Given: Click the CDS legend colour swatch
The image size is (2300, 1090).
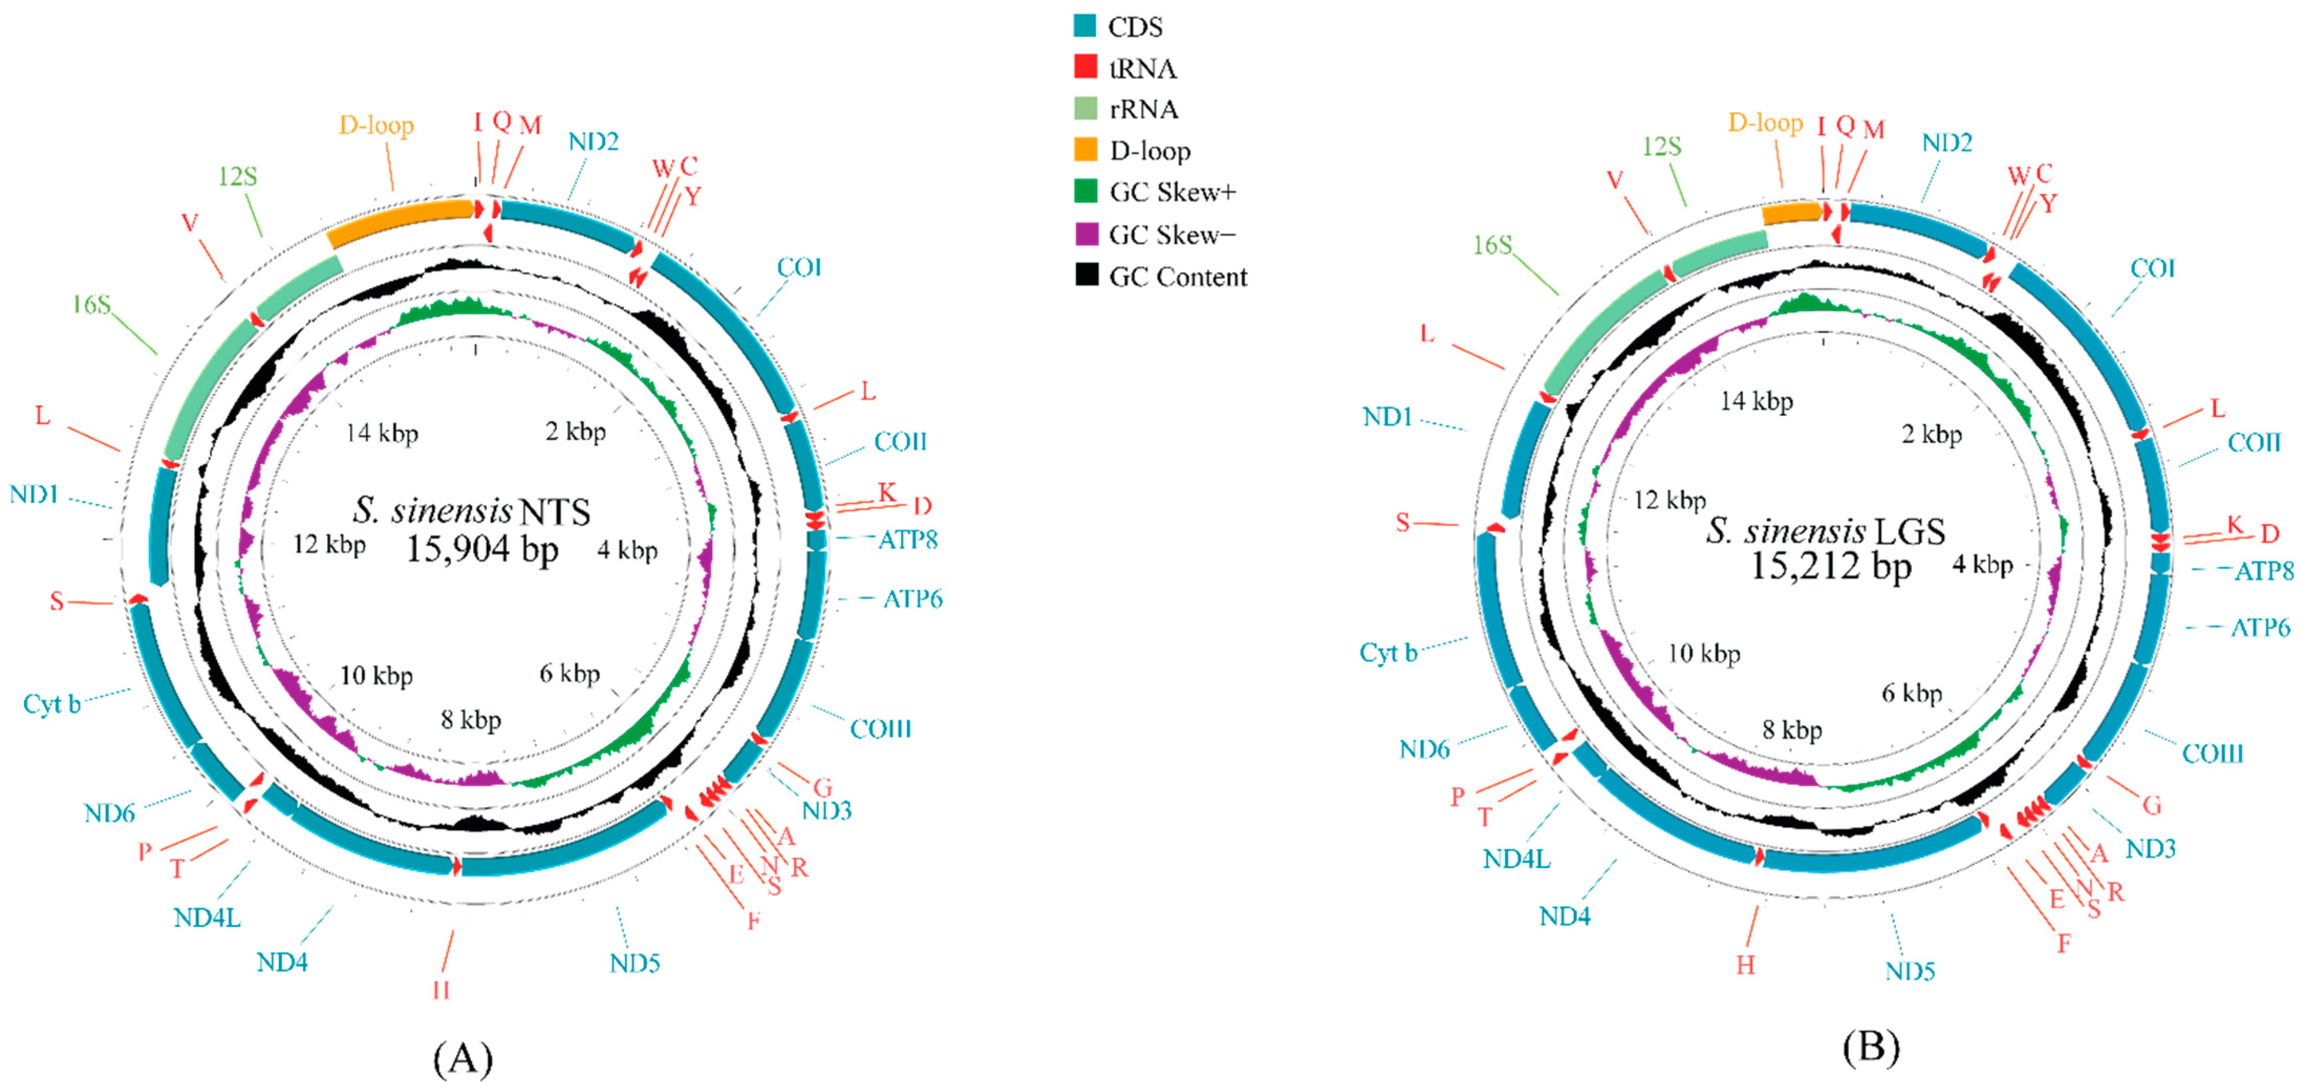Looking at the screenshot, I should [x=1085, y=25].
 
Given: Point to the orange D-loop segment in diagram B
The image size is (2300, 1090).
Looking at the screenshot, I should [x=1791, y=212].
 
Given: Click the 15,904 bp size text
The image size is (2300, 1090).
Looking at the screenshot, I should [x=482, y=549].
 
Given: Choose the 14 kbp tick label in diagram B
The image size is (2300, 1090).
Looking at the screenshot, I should [x=1756, y=402].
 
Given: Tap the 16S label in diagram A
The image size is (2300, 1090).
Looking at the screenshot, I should [x=92, y=305].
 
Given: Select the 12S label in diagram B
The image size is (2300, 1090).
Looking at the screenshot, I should [x=1661, y=146].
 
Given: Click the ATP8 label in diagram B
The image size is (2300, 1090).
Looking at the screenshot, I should [x=2263, y=571].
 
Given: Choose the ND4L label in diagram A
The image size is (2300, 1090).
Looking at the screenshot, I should [x=207, y=917].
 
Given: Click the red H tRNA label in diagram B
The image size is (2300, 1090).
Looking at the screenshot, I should [x=1745, y=965].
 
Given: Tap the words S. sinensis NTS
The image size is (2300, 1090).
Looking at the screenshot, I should [x=471, y=511].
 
